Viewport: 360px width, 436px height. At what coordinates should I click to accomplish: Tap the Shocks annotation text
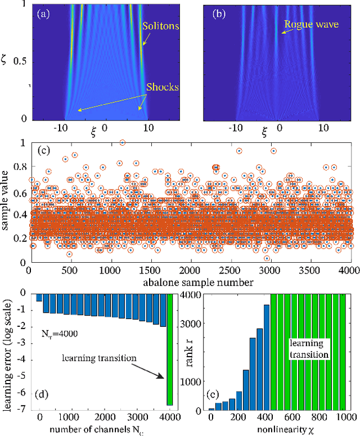point(163,87)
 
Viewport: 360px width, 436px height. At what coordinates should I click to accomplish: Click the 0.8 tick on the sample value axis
point(19,167)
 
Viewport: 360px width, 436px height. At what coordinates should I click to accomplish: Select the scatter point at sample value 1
point(122,143)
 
